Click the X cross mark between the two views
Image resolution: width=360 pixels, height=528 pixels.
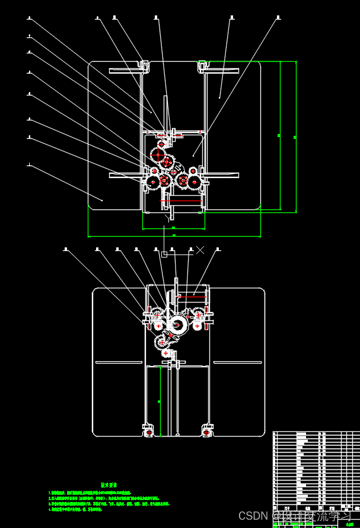click(x=200, y=250)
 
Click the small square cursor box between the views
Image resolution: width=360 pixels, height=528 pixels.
click(x=164, y=255)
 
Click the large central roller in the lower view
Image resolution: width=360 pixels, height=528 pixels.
click(x=177, y=324)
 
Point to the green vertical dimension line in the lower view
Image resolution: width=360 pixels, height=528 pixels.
click(x=160, y=401)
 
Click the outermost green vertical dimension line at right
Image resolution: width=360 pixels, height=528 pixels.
click(x=295, y=136)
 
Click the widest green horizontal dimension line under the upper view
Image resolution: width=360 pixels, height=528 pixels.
click(x=174, y=236)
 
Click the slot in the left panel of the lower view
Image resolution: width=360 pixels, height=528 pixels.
click(x=118, y=362)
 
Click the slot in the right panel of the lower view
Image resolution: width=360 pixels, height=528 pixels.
click(x=237, y=362)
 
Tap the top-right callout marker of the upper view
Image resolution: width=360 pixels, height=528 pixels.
click(x=278, y=18)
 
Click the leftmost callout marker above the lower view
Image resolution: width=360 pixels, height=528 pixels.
click(x=66, y=250)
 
